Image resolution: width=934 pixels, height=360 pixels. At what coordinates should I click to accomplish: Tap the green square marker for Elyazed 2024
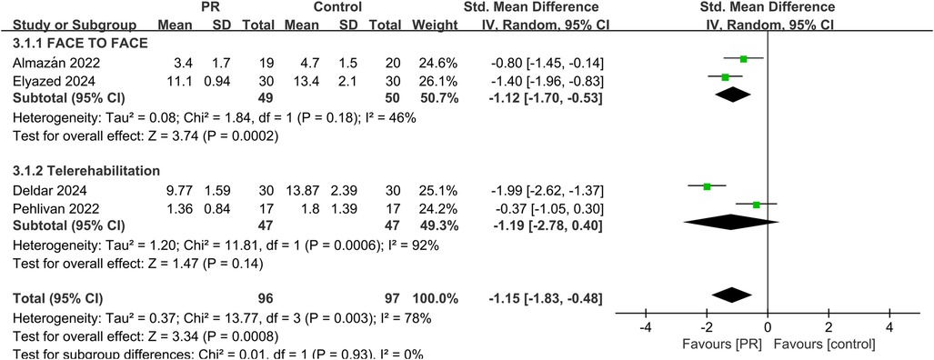point(725,77)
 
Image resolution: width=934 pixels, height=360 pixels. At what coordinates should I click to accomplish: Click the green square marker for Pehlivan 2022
point(757,205)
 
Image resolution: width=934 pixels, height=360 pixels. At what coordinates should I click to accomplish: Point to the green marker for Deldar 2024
point(707,187)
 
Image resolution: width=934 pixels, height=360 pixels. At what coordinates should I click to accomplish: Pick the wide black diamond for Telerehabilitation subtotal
point(732,221)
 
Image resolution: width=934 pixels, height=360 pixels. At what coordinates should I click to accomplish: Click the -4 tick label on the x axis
point(644,327)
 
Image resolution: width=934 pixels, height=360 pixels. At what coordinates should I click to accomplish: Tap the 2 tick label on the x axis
point(829,327)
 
